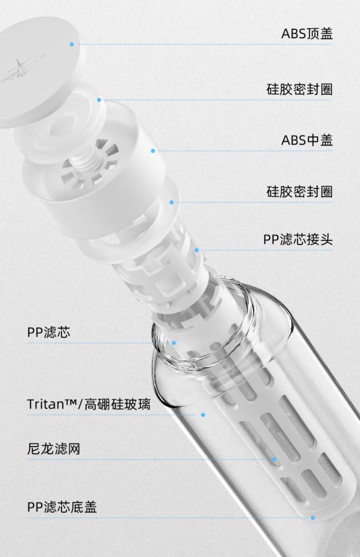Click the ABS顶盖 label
click(x=307, y=33)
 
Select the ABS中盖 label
click(x=307, y=140)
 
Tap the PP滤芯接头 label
click(x=298, y=239)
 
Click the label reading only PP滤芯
click(x=49, y=332)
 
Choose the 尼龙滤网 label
click(x=53, y=449)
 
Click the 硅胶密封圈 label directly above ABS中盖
click(x=300, y=89)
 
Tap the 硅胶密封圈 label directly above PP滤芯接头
click(x=300, y=191)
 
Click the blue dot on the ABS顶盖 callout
click(x=72, y=45)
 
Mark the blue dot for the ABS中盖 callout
click(x=153, y=151)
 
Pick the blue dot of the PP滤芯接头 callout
click(x=196, y=250)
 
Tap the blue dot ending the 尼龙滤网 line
click(x=274, y=460)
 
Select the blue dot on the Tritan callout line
click(x=203, y=415)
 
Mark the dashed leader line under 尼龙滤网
click(x=149, y=460)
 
